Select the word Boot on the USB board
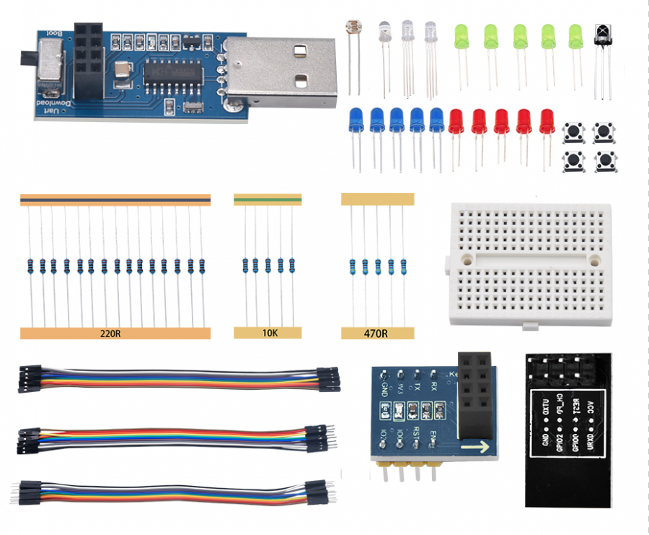pyautogui.click(x=53, y=33)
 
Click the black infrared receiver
pyautogui.click(x=601, y=37)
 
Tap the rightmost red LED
pyautogui.click(x=547, y=120)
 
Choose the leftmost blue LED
pyautogui.click(x=356, y=119)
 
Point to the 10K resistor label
pyautogui.click(x=270, y=334)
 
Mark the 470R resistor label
pyautogui.click(x=377, y=334)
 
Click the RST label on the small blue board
pyautogui.click(x=416, y=432)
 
